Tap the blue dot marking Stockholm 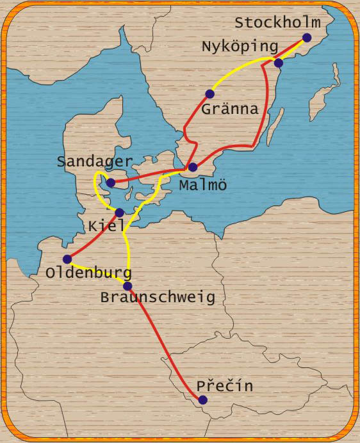307,38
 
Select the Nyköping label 240,47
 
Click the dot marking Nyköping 279,63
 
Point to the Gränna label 229,109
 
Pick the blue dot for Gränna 209,94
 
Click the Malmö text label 203,185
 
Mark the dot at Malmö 193,167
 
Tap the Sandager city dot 111,182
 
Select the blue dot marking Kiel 119,213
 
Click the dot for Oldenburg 67,259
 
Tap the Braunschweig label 157,298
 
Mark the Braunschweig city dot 127,286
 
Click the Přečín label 225,386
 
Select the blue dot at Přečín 203,399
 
